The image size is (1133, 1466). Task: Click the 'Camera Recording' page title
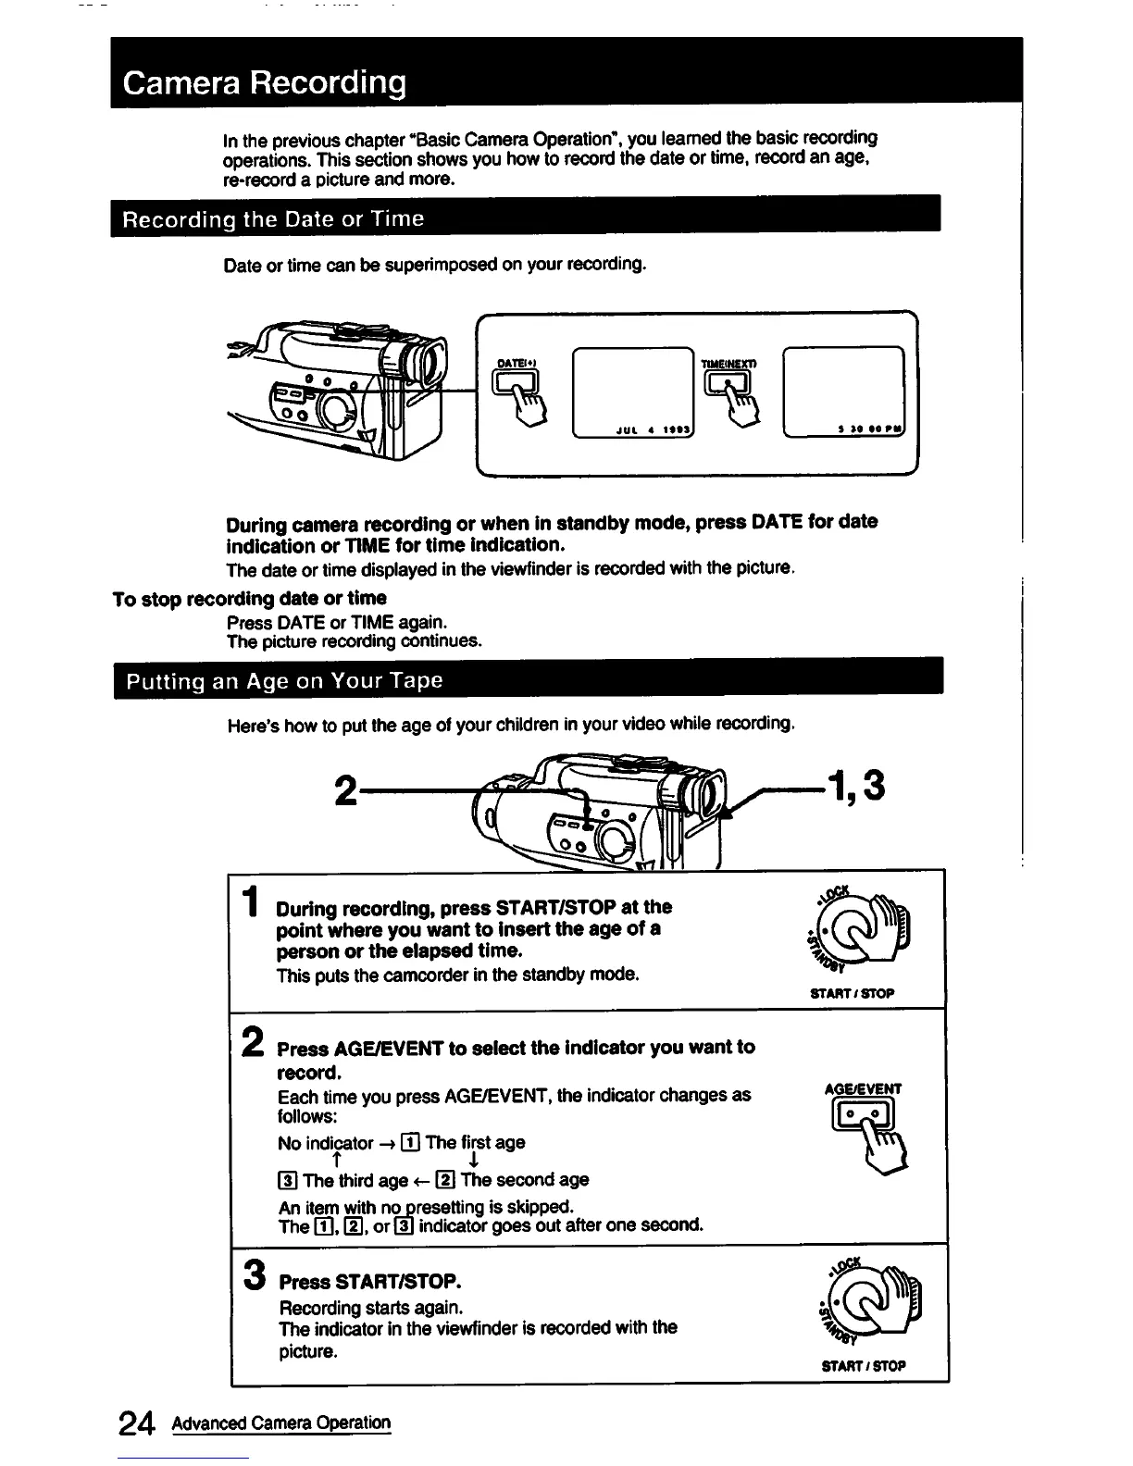[x=265, y=83]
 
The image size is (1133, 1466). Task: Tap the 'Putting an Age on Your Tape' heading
[x=285, y=681]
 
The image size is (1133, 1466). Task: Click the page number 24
[x=136, y=1423]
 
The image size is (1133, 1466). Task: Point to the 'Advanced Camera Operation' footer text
[x=280, y=1423]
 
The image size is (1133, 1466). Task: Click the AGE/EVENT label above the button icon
[x=862, y=1089]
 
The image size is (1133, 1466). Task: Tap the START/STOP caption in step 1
[x=852, y=993]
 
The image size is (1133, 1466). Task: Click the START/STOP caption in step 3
[x=863, y=1365]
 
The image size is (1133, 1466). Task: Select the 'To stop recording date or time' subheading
[x=249, y=598]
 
